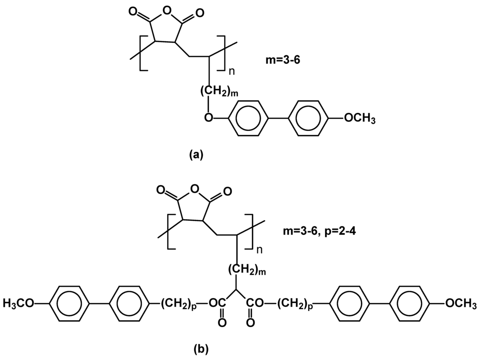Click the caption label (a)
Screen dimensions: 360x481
tap(195, 155)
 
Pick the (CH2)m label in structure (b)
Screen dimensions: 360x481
tap(248, 270)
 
